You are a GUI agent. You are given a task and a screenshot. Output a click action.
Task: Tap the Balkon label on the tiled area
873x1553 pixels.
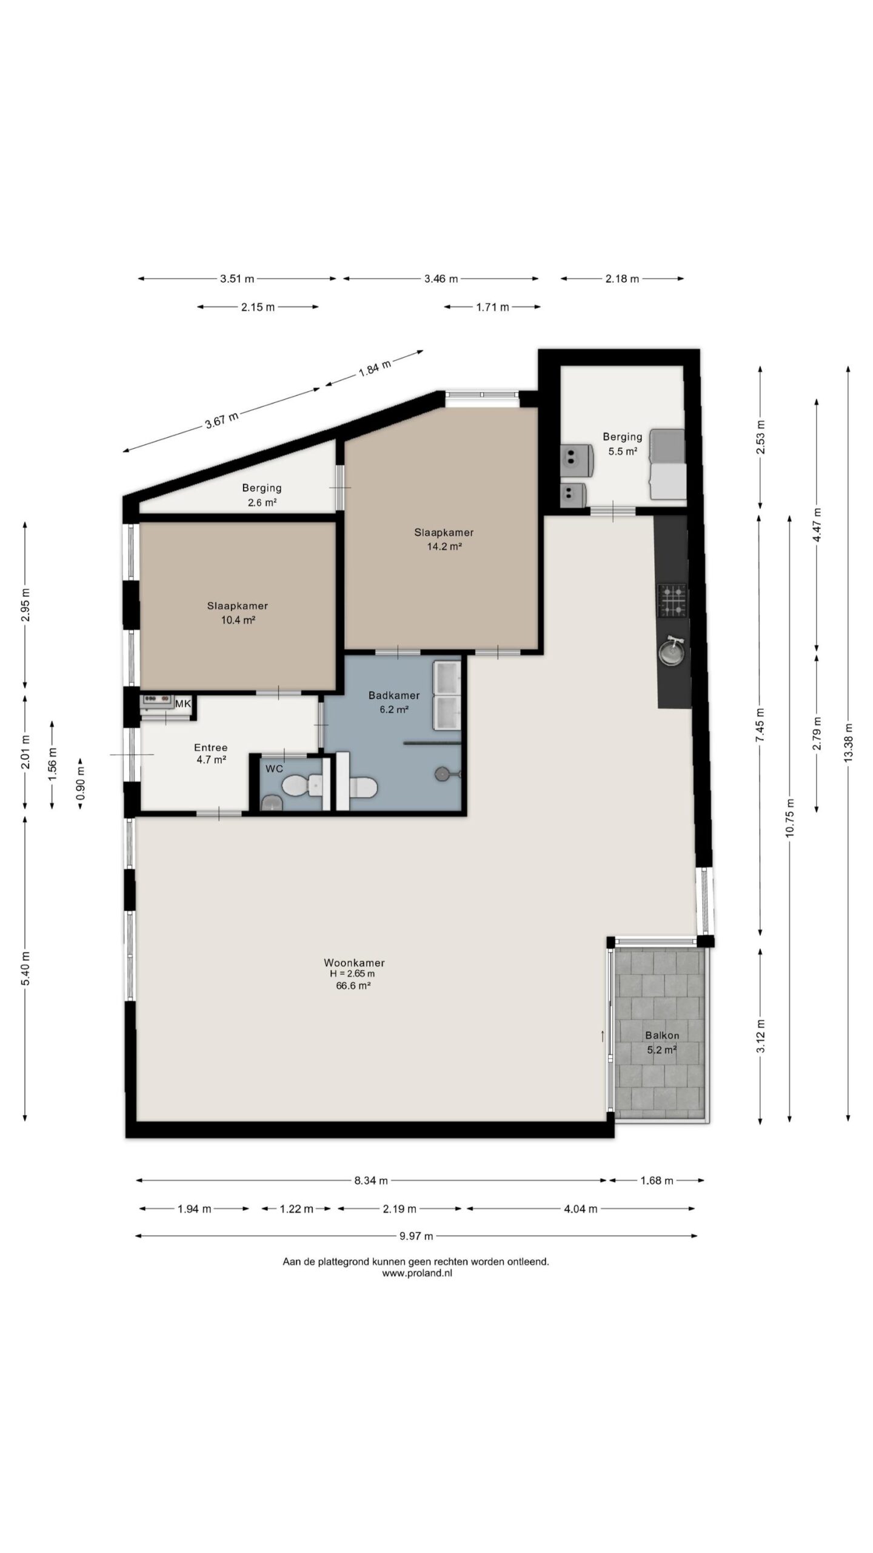pyautogui.click(x=662, y=1036)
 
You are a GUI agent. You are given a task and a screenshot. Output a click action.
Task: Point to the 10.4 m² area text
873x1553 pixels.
pyautogui.click(x=238, y=620)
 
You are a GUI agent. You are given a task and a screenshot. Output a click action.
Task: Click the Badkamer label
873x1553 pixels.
pyautogui.click(x=394, y=695)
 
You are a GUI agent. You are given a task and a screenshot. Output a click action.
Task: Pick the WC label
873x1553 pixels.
pyautogui.click(x=275, y=769)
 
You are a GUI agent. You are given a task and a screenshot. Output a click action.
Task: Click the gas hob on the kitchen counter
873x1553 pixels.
pyautogui.click(x=673, y=600)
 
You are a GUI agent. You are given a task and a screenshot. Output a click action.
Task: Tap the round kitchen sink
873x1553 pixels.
pyautogui.click(x=673, y=651)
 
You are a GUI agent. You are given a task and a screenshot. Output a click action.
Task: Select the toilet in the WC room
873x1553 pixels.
pyautogui.click(x=303, y=786)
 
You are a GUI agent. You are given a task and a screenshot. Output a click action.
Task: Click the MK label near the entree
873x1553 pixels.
pyautogui.click(x=183, y=704)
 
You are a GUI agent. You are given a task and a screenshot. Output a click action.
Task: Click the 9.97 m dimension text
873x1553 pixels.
pyautogui.click(x=416, y=1236)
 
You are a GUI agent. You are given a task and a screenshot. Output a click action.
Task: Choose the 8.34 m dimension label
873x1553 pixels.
pyautogui.click(x=371, y=1181)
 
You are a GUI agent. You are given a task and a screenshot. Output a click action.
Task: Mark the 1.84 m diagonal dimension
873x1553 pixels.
pyautogui.click(x=375, y=367)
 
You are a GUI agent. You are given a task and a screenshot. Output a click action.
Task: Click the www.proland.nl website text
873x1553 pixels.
pyautogui.click(x=417, y=1273)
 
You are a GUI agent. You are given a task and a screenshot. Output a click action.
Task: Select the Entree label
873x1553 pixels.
pyautogui.click(x=211, y=748)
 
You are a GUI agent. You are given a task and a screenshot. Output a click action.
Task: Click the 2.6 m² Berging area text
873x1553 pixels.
pyautogui.click(x=262, y=502)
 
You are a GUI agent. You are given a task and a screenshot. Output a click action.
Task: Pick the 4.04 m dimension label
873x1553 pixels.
pyautogui.click(x=581, y=1208)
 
